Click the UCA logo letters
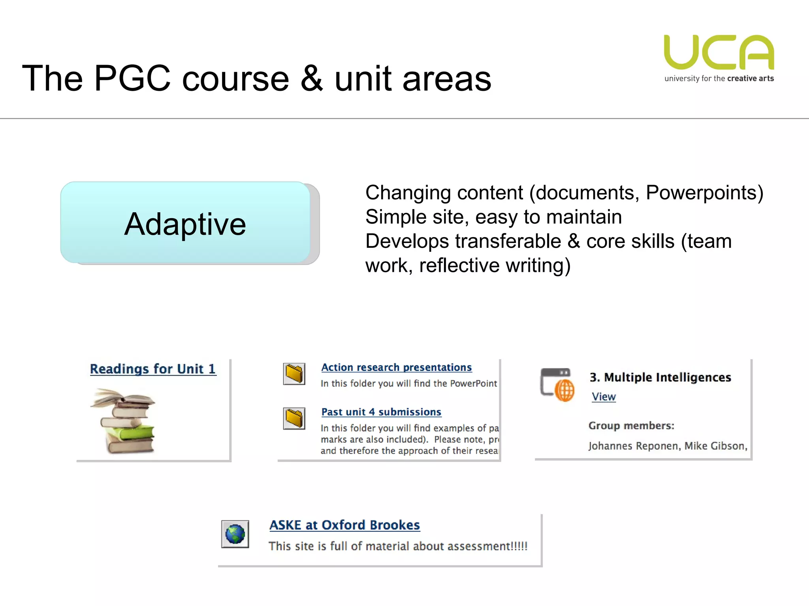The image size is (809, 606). click(x=719, y=52)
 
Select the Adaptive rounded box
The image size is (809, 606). click(x=185, y=223)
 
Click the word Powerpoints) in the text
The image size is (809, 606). click(x=704, y=193)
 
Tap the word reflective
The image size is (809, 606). click(x=459, y=265)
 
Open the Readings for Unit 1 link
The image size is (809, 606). click(x=153, y=369)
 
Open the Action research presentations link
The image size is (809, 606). click(x=396, y=367)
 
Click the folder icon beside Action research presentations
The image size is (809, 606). click(x=294, y=374)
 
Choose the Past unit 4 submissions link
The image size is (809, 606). click(x=381, y=412)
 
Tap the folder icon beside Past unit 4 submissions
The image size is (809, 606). click(x=294, y=418)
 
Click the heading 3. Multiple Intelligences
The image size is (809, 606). click(x=660, y=377)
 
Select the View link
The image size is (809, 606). click(x=604, y=397)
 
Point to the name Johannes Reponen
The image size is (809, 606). click(x=634, y=446)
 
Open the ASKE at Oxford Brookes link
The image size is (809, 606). click(x=344, y=525)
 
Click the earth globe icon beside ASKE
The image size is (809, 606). click(x=235, y=534)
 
